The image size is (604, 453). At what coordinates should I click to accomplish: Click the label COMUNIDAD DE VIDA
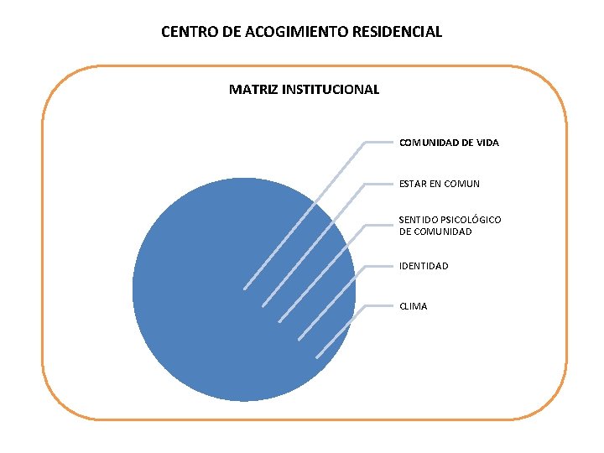449,143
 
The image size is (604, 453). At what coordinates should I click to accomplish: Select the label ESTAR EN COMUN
440,183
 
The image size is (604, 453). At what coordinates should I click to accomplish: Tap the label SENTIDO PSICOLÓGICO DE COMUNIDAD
450,226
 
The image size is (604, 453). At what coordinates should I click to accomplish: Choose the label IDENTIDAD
424,266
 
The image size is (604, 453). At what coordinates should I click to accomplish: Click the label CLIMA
414,306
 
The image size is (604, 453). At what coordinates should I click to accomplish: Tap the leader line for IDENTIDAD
332,301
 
